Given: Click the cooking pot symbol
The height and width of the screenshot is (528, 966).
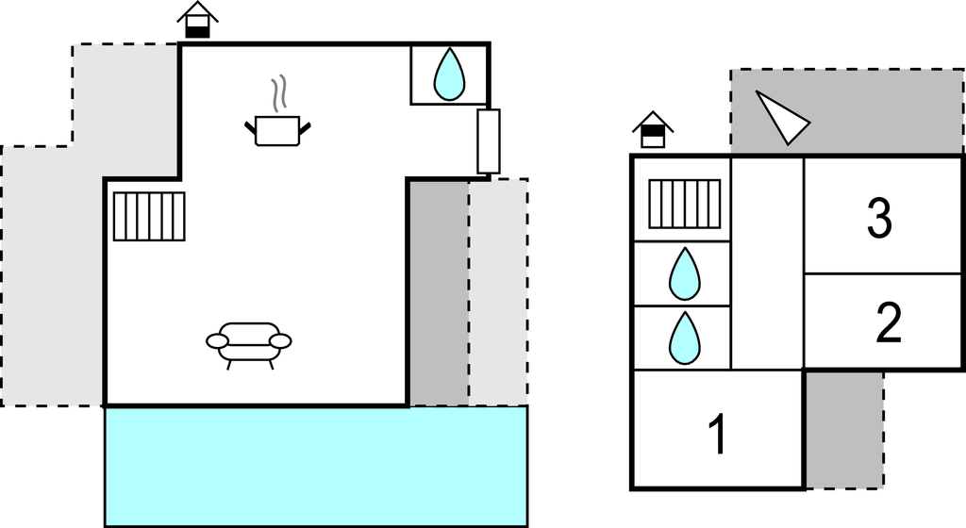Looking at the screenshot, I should click(x=277, y=131).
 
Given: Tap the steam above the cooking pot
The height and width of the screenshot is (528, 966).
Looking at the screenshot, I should click(x=277, y=94).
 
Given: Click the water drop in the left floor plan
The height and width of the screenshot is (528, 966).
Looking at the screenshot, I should click(x=449, y=74).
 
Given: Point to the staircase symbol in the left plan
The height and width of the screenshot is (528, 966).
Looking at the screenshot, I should click(x=149, y=216).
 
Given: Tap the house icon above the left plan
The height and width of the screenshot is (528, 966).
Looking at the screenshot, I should click(x=197, y=20).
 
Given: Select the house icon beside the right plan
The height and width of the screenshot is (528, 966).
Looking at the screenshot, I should click(x=653, y=130).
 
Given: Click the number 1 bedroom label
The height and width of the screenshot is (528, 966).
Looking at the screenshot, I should click(x=717, y=435).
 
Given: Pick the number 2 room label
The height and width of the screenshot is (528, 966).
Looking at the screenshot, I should click(x=888, y=323).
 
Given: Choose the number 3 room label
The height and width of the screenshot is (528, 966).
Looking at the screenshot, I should click(x=879, y=219).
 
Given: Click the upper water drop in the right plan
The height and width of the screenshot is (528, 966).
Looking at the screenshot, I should click(x=684, y=273).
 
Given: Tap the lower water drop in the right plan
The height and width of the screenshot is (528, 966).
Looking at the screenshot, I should click(x=684, y=338).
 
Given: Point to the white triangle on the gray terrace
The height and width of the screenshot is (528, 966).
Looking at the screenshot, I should click(x=780, y=117).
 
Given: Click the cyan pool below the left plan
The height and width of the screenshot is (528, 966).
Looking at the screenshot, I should click(x=316, y=467).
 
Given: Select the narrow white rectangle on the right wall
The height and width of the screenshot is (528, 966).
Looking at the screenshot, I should click(x=488, y=141).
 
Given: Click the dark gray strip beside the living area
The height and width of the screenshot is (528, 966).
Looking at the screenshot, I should click(x=438, y=292).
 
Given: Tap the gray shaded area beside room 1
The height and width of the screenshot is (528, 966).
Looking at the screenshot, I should click(x=843, y=429).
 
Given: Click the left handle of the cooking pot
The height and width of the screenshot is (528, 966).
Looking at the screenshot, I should click(x=251, y=125).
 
